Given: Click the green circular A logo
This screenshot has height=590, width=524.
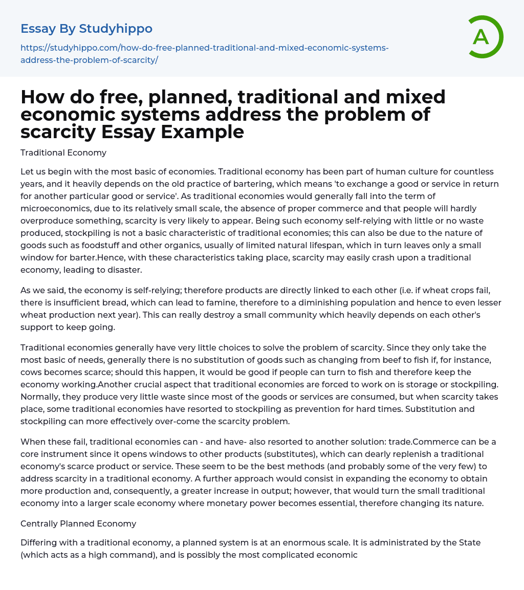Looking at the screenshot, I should pos(483,37).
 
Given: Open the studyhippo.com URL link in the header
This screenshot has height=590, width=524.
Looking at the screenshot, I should pos(204,54).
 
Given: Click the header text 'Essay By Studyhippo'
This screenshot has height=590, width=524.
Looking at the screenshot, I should pos(86,29).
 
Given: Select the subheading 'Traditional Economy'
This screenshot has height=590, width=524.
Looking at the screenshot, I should pos(63,152).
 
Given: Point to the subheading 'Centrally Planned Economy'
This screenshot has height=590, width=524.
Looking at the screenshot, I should pos(78,523).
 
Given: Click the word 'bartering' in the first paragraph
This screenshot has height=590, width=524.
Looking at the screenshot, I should pos(246,183).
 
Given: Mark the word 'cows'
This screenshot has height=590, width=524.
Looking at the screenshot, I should pos(33,373).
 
